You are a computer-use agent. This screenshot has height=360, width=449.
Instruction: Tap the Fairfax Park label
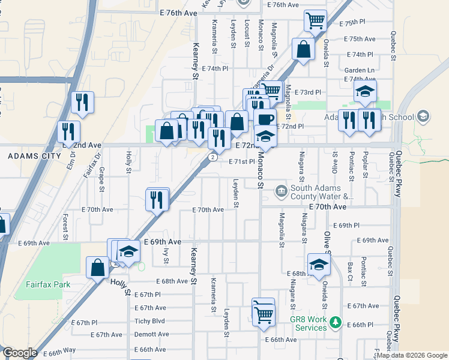coord(47,284)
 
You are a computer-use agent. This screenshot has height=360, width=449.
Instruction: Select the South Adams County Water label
coord(321,192)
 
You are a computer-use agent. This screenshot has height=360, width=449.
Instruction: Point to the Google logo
coord(20,353)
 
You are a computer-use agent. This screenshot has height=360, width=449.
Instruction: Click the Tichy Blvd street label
coord(149,321)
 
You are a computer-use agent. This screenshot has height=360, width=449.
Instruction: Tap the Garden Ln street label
coord(360,70)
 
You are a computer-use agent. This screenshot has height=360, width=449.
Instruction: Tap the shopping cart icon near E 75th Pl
coord(315,21)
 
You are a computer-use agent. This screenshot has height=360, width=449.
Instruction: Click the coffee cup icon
coord(264,118)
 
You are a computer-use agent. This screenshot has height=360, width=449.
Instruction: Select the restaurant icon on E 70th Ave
coord(157,200)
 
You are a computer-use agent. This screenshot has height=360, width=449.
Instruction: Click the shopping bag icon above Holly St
coord(97,268)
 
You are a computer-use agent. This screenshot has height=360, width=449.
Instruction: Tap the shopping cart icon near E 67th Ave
coord(264,313)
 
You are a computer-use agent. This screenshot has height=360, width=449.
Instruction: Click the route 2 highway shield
coord(213,157)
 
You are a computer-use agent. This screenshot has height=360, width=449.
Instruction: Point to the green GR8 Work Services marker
coord(335,324)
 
